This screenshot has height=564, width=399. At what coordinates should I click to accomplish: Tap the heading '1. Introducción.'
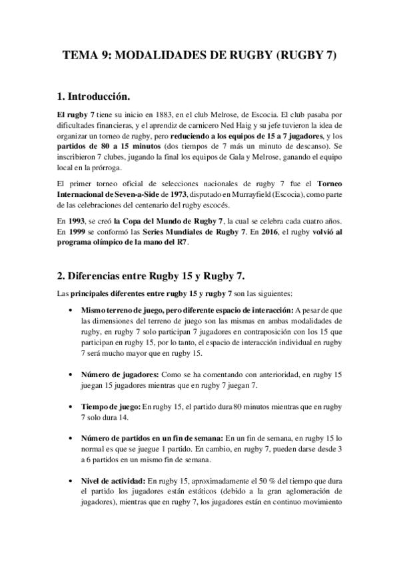pos(98,97)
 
